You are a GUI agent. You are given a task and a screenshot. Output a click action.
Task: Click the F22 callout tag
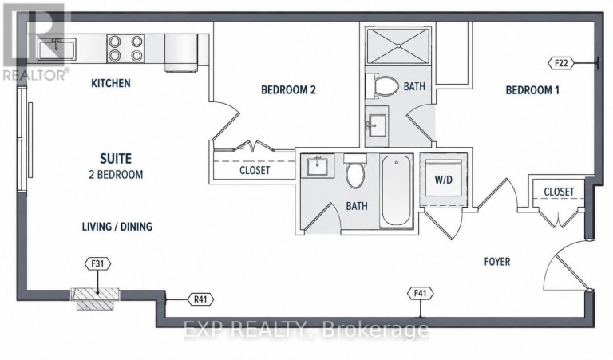coord(561,63)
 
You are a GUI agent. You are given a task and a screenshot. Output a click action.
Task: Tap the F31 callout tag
coord(97,264)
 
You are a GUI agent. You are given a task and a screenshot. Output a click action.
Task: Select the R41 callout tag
coord(200,299)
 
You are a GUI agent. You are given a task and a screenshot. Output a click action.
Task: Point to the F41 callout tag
coord(421,293)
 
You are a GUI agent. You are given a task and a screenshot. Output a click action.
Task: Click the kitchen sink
coord(57,49)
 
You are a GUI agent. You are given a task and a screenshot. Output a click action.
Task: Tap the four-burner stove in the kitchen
coord(125,49)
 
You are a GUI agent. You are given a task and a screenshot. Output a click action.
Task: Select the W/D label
coord(443,180)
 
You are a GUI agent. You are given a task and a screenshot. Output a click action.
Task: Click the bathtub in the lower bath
coord(397,192)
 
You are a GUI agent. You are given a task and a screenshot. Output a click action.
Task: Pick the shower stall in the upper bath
coord(398,45)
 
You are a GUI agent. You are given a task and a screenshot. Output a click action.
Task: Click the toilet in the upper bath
coord(382,86)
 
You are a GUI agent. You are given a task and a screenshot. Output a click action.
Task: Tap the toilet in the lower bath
coord(355,172)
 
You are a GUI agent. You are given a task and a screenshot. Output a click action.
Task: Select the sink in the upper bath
coord(377,125)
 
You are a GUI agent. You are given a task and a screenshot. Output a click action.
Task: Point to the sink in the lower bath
coord(317,165)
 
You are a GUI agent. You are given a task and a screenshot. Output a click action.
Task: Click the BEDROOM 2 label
coord(288,90)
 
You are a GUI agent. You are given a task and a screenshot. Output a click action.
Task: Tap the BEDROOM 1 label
coord(532,90)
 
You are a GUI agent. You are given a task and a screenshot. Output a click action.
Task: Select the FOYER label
coord(497,262)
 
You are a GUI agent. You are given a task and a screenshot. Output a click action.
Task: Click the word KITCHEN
coord(111,83)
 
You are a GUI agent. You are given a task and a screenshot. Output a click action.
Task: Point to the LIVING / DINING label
coord(117,227)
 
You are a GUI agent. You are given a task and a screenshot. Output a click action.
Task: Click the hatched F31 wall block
coord(96,299)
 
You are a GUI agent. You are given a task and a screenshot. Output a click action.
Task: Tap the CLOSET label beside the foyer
coord(559,192)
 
